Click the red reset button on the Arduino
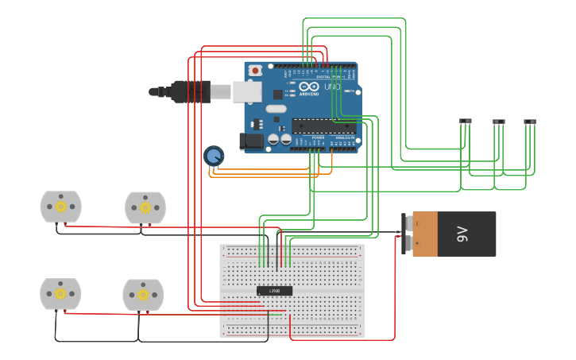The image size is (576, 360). (x=255, y=70)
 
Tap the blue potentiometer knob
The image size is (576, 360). (x=213, y=155)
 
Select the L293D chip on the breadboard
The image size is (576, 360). (x=274, y=291)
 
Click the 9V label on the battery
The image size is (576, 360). (x=462, y=234)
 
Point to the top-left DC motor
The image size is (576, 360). (x=60, y=207)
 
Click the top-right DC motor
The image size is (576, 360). (x=145, y=207)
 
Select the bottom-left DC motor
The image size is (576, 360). (x=60, y=293)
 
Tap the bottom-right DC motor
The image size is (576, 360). (x=143, y=294)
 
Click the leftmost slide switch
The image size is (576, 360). (x=466, y=121)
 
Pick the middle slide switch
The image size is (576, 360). (x=498, y=122)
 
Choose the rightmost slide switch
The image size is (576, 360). (x=530, y=122)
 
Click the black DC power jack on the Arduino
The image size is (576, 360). (x=250, y=141)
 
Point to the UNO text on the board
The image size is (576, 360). (x=332, y=86)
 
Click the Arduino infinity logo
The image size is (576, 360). (x=310, y=86)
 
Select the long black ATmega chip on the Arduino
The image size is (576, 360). (x=324, y=126)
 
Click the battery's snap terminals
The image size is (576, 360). (x=406, y=234)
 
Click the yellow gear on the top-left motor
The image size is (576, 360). (x=60, y=207)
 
